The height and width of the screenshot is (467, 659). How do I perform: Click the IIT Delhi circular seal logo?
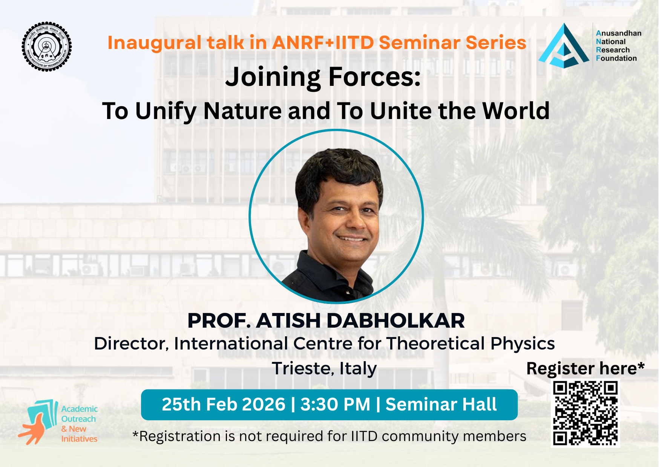click(47, 47)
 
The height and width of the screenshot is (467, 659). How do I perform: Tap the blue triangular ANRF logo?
click(564, 47)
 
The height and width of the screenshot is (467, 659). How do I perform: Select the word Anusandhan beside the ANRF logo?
click(619, 33)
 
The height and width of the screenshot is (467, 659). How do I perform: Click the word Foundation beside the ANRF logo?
click(616, 58)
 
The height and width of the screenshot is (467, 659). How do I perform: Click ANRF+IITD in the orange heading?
click(323, 43)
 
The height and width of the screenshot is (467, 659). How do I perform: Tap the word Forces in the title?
click(374, 77)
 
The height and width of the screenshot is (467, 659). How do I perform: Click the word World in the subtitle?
click(516, 111)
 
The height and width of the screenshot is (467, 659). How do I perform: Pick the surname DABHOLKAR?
click(395, 321)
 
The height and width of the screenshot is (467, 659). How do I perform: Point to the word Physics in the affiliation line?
click(523, 343)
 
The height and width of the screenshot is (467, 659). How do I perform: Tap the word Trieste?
click(303, 368)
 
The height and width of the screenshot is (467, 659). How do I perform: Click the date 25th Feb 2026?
click(224, 404)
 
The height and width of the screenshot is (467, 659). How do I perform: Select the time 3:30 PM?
click(335, 404)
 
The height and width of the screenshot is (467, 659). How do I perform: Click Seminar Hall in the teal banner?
click(441, 404)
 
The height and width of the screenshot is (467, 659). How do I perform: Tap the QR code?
click(585, 413)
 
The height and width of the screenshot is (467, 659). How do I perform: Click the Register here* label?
click(585, 368)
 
